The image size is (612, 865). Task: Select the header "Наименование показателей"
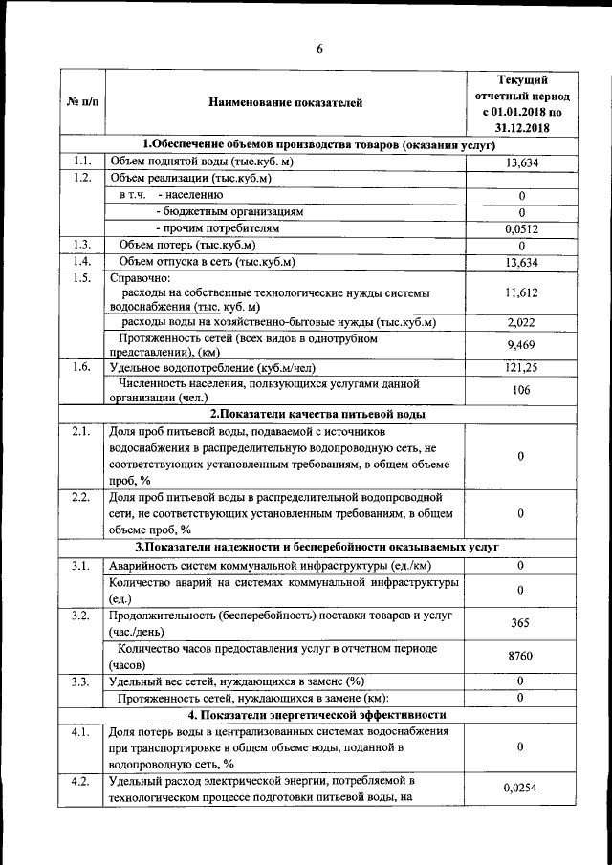(x=286, y=101)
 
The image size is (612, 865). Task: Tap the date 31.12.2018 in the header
(x=522, y=126)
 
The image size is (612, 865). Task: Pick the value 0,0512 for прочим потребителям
(x=522, y=229)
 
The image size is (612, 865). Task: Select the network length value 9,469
(x=522, y=345)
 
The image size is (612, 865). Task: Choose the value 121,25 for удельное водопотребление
(x=522, y=368)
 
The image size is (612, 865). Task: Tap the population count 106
(x=522, y=390)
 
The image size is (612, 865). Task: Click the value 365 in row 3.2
(x=522, y=623)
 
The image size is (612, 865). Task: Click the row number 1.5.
(x=80, y=278)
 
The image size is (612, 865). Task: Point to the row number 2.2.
(x=80, y=498)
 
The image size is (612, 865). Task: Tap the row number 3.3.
(x=80, y=681)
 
